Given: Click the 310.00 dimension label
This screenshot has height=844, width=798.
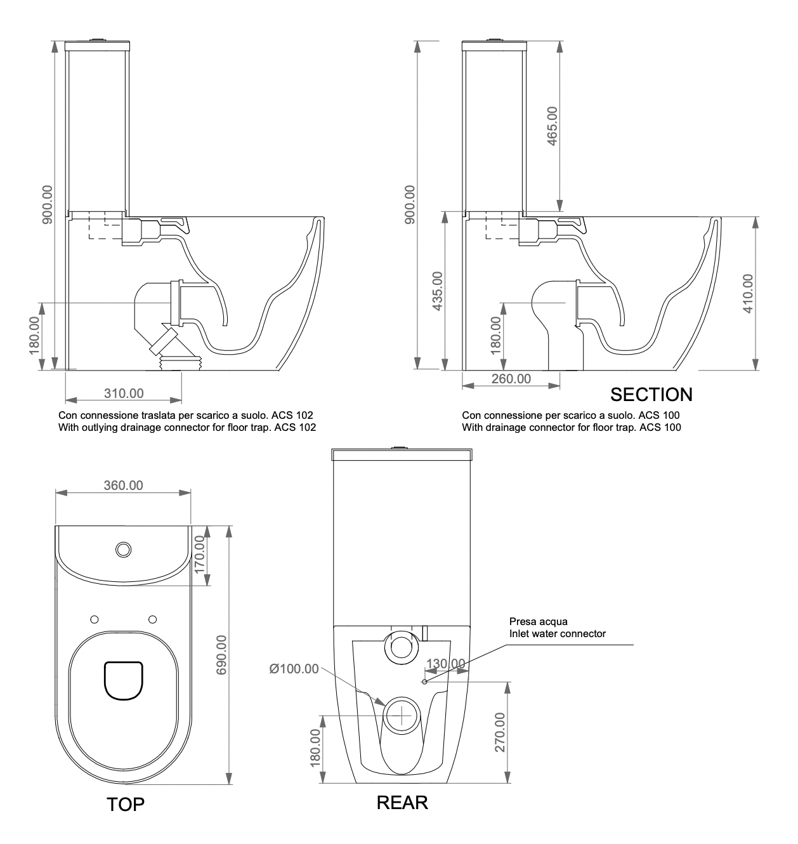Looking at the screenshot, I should point(124,393).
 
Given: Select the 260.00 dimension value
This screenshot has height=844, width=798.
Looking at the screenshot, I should point(511,379).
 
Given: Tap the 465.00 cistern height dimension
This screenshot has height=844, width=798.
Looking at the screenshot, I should point(552,126).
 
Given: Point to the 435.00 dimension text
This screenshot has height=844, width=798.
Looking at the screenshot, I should point(437,291).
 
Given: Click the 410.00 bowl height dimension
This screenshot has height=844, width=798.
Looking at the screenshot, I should point(748,293).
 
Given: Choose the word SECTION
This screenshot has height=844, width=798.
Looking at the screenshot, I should point(651,395).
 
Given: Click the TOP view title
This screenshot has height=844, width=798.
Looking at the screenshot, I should point(126,805).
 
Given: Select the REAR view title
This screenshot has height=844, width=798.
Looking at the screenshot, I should point(402,803).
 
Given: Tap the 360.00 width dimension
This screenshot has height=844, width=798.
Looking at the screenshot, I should point(123,485).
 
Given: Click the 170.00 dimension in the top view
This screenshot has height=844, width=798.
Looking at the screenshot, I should point(200,555).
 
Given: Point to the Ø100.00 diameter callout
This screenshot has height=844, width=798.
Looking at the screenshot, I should point(294,669).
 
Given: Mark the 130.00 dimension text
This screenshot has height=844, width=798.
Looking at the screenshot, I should point(445,663).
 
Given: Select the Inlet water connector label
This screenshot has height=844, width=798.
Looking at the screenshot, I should point(558,633).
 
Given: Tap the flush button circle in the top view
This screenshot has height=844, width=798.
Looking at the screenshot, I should point(123,548).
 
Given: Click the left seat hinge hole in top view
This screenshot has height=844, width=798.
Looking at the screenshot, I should point(95,619).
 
